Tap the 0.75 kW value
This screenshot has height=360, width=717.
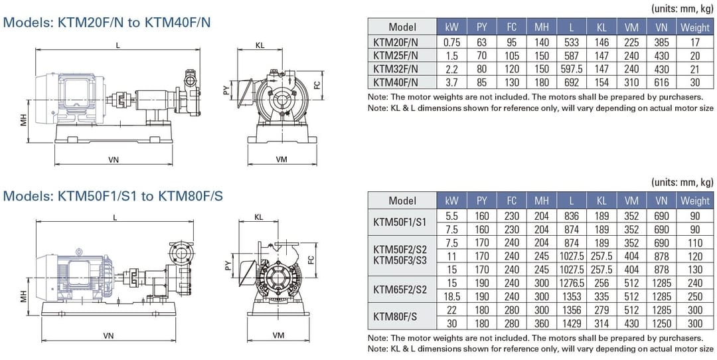451,41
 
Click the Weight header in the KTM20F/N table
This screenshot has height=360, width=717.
695,27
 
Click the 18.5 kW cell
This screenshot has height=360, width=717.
451,296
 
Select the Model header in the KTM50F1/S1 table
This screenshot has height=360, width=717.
402,201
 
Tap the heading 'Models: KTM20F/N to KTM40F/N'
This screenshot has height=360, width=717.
108,22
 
